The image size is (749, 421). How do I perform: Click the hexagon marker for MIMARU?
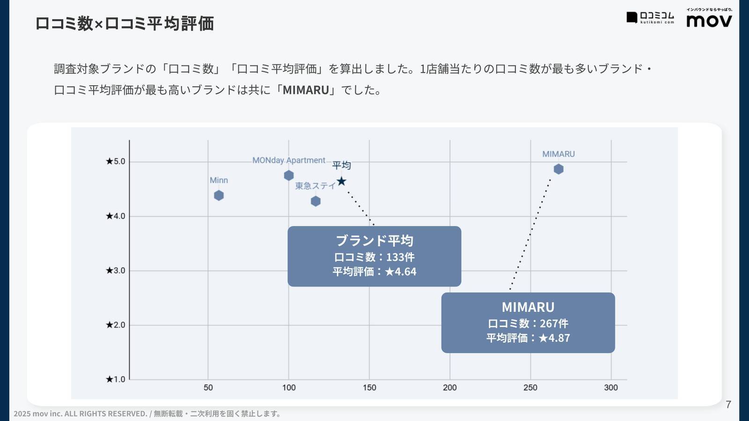click(x=558, y=169)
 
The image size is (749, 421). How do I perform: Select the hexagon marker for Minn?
click(x=219, y=196)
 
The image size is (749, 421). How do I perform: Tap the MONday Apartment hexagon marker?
click(x=289, y=175)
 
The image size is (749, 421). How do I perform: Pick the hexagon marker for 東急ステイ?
click(x=316, y=201)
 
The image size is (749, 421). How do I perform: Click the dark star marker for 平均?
click(x=342, y=181)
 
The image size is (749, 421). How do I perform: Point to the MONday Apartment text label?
click(x=288, y=160)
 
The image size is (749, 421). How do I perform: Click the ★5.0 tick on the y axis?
click(x=116, y=161)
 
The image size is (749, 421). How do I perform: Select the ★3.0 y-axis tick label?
click(x=116, y=270)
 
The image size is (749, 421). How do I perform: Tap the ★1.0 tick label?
click(x=116, y=379)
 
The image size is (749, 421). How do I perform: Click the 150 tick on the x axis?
click(x=369, y=387)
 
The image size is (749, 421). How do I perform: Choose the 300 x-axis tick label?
click(x=611, y=387)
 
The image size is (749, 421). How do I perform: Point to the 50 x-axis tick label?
click(x=208, y=387)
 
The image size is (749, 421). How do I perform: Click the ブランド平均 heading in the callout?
click(x=374, y=240)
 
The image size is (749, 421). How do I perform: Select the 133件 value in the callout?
click(x=400, y=257)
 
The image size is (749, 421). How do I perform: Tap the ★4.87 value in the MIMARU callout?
click(x=554, y=338)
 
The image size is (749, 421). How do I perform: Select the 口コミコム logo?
click(x=651, y=18)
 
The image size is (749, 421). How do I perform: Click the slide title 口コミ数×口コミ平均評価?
click(x=125, y=23)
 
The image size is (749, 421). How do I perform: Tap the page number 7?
click(x=728, y=405)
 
